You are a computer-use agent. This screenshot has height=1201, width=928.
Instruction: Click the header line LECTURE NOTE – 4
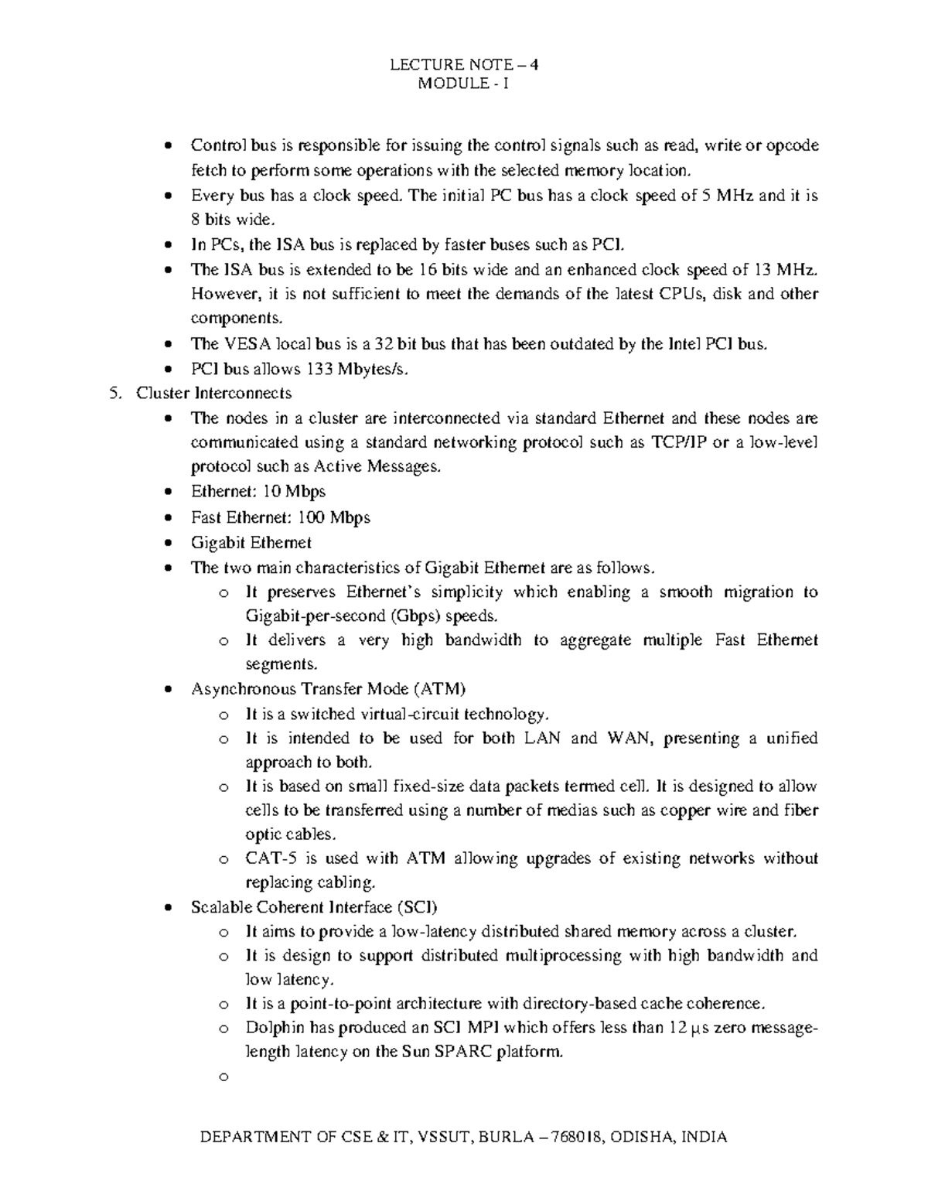click(463, 65)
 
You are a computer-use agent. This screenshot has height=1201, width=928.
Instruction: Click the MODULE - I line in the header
click(463, 84)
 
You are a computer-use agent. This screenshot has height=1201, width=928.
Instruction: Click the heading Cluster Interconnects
click(214, 394)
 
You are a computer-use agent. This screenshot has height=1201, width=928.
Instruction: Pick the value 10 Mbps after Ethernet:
click(295, 492)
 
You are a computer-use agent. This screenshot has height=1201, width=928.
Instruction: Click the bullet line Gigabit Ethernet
click(251, 543)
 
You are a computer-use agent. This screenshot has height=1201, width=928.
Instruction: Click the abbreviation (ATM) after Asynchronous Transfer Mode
click(439, 689)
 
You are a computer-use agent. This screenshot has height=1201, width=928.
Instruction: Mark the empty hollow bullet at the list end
click(224, 1077)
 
